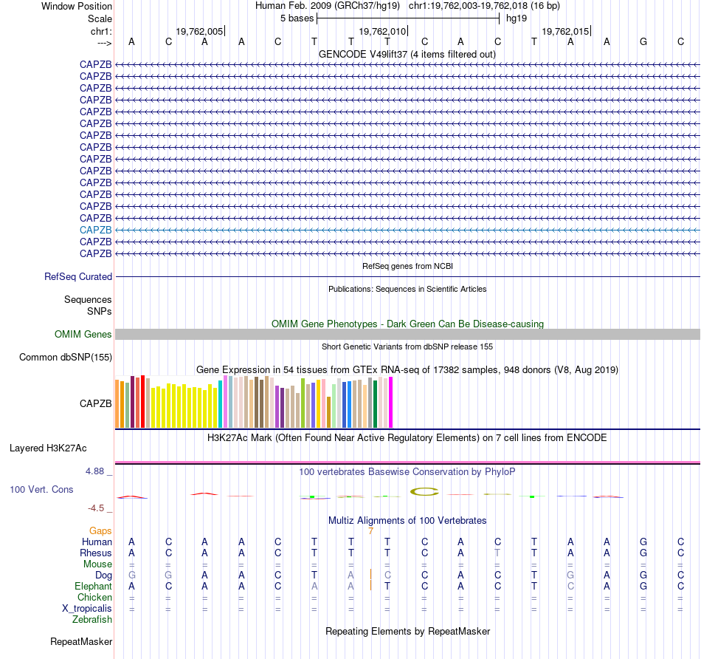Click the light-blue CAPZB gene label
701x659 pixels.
[96, 230]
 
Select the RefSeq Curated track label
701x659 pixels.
[78, 277]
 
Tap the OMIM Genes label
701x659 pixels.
[83, 335]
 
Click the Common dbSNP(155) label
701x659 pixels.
[66, 358]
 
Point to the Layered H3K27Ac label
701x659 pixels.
[48, 448]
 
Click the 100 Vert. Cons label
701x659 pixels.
[41, 490]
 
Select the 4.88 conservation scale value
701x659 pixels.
[98, 471]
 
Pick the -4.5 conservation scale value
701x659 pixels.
[98, 508]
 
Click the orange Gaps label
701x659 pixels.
[100, 530]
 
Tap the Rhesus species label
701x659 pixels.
[96, 553]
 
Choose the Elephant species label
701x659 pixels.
[93, 586]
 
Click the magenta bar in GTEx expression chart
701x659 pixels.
[390, 402]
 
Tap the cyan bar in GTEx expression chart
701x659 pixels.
[221, 403]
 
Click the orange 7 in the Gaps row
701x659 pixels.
[370, 530]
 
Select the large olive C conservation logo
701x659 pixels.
[425, 491]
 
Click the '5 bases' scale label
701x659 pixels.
[297, 18]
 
